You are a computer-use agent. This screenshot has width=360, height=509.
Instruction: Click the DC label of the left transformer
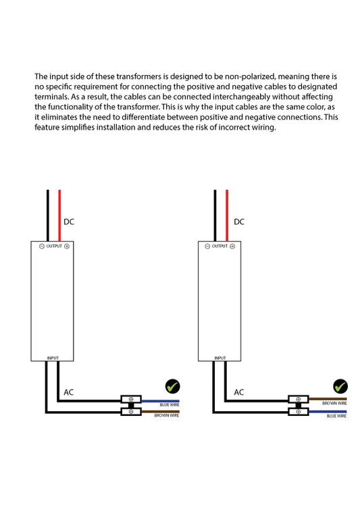(69, 222)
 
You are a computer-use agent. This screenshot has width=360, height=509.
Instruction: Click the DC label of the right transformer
(239, 222)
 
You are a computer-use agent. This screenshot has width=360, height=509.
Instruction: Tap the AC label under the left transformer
(69, 392)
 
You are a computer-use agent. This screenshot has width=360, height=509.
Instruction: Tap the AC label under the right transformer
(239, 392)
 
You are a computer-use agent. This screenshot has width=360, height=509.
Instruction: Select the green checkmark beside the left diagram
(172, 386)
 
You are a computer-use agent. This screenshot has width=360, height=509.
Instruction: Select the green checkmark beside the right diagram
(340, 386)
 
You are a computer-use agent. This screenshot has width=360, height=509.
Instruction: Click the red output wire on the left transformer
(59, 215)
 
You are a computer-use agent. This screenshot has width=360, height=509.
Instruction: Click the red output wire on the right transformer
(227, 215)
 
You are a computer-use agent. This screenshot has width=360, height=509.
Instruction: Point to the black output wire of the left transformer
(48, 215)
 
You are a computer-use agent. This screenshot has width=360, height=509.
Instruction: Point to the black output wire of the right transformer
(215, 215)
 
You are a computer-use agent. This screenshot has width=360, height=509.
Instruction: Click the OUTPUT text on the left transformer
(54, 246)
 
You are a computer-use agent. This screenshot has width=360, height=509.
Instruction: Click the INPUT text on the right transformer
(220, 358)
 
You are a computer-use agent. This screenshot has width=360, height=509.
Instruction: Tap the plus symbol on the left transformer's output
(67, 246)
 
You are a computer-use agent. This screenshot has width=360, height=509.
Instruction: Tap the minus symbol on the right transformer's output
(207, 246)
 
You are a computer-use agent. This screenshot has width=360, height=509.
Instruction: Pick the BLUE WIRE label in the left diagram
(170, 405)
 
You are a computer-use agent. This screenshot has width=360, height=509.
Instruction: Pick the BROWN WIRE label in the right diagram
(334, 404)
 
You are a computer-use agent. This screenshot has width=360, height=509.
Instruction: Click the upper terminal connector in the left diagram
(131, 399)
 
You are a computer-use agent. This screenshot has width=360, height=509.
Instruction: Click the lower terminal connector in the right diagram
(299, 412)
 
